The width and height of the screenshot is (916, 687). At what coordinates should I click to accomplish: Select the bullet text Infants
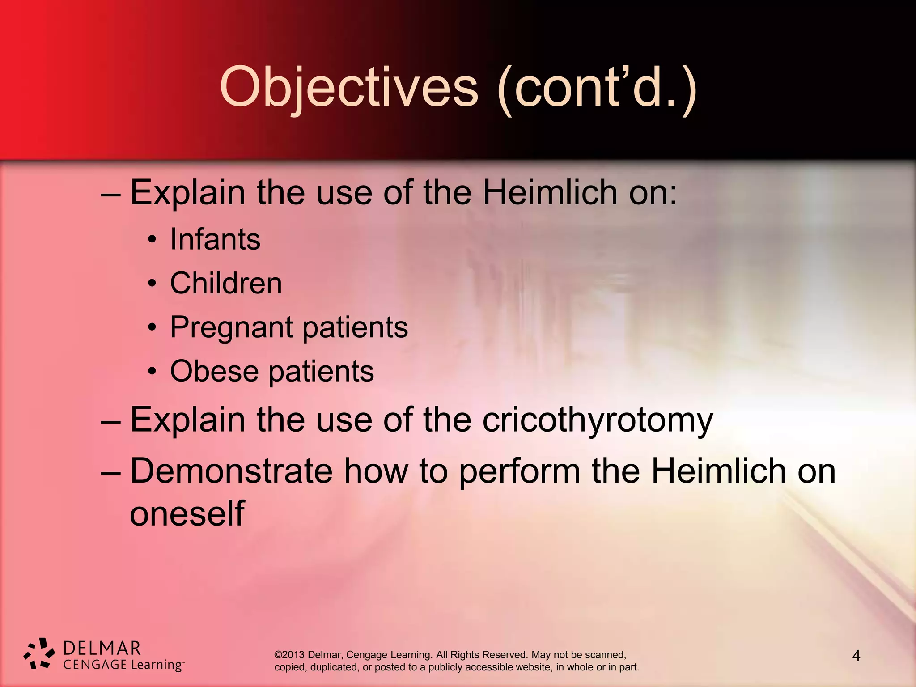click(x=215, y=239)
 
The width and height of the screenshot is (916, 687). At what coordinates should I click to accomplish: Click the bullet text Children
click(x=226, y=283)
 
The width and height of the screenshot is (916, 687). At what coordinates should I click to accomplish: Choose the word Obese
click(x=214, y=371)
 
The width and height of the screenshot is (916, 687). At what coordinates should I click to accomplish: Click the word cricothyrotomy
click(x=598, y=420)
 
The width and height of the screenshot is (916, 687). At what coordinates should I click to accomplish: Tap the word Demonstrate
click(x=231, y=471)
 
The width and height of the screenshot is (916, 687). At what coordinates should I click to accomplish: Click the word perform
click(x=519, y=472)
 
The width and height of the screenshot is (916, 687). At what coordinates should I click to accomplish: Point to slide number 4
click(x=856, y=656)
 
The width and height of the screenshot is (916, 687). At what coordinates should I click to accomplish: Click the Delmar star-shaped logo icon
click(x=39, y=654)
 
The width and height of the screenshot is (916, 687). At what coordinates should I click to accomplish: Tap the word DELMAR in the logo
click(x=102, y=648)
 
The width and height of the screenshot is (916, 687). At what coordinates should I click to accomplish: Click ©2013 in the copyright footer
click(x=289, y=655)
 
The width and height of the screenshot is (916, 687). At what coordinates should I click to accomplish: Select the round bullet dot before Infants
click(x=153, y=240)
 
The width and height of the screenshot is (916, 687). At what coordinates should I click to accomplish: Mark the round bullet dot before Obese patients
click(x=153, y=371)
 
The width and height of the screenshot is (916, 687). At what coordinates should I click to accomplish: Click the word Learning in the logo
click(x=156, y=665)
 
